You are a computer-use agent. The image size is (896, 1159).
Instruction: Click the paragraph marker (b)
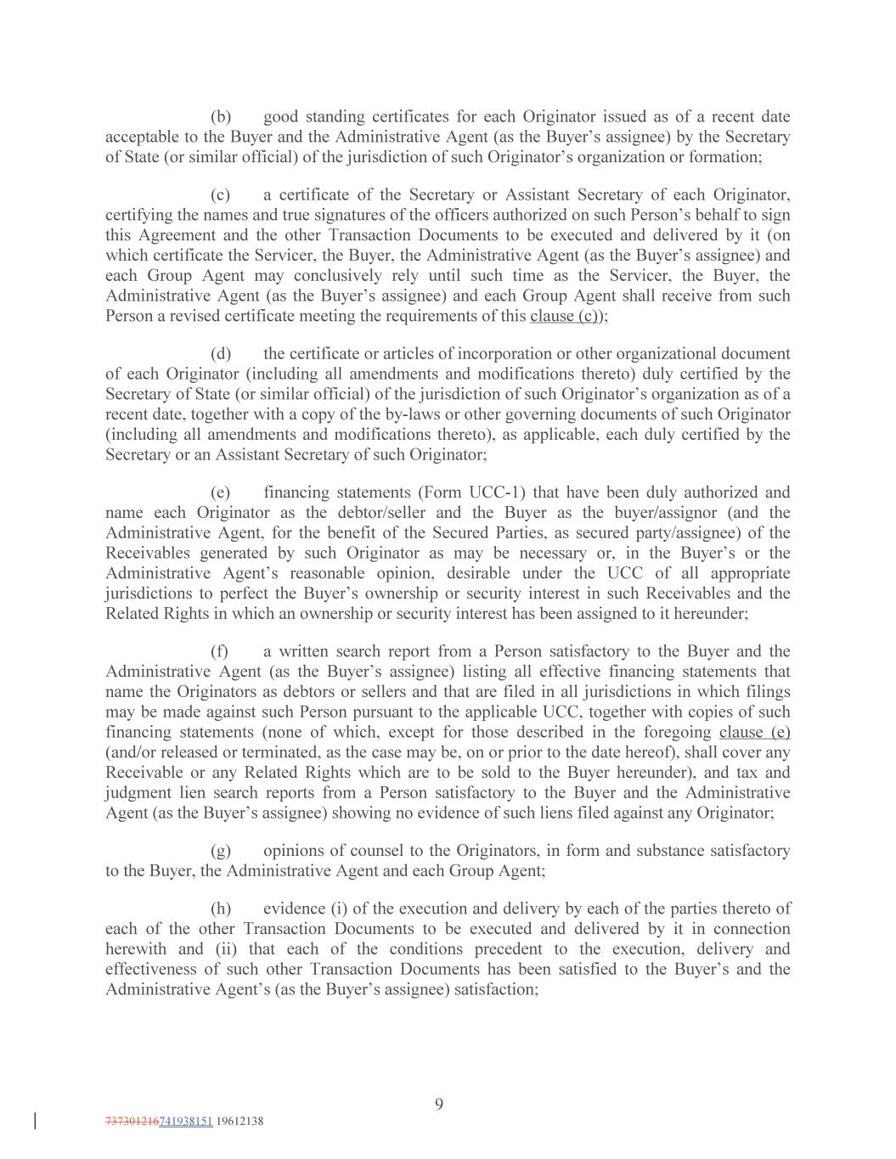[x=221, y=116]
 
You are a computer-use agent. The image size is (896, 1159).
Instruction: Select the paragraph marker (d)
[x=221, y=353]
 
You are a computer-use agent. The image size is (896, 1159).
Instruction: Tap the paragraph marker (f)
[x=220, y=651]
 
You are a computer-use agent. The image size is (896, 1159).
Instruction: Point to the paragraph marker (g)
[x=221, y=850]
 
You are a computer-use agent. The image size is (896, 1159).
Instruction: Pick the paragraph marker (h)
[x=221, y=908]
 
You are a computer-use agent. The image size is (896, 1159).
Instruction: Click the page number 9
[x=439, y=1104]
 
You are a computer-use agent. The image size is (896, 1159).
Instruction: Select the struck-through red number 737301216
[x=132, y=1121]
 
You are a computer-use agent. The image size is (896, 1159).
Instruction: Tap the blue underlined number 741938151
[x=186, y=1121]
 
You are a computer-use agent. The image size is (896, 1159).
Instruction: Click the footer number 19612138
[x=240, y=1121]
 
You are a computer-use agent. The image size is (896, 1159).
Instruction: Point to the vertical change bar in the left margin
[x=35, y=1121]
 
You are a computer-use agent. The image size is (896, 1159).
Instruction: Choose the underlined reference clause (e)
[x=754, y=732]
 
